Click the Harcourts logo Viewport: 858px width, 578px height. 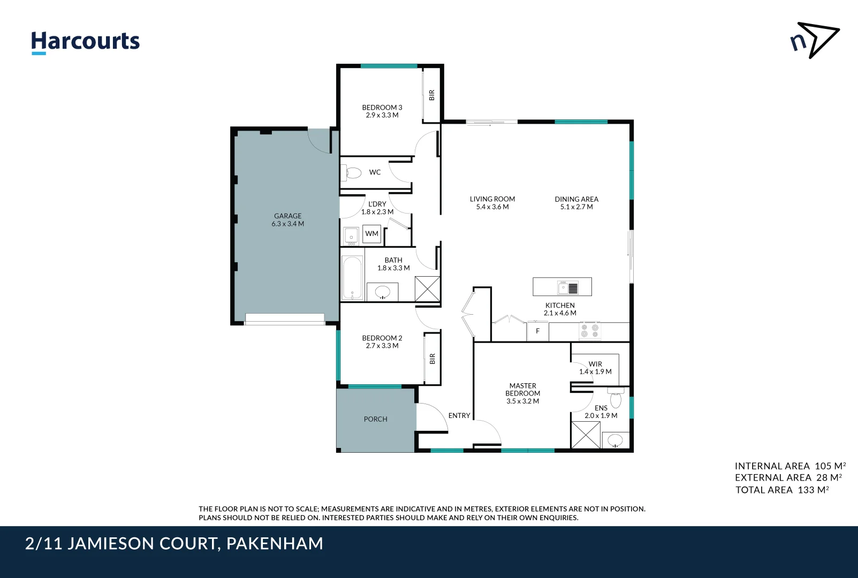85,42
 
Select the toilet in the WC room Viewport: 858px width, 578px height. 353,173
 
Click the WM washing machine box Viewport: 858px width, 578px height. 372,234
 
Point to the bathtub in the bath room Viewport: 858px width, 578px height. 352,278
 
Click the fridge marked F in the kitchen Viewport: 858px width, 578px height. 538,331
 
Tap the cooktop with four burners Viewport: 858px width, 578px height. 590,331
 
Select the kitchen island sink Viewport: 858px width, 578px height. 568,288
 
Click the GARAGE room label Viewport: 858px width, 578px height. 288,216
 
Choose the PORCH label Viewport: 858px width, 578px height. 375,419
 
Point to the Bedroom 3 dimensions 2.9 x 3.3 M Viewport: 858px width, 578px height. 382,115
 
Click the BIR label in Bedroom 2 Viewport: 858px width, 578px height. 432,359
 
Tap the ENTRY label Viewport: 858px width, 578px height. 459,415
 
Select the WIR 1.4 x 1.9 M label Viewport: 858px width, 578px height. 595,368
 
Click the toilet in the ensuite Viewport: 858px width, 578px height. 616,399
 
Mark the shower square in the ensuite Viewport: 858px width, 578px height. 586,435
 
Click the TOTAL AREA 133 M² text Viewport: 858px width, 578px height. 782,490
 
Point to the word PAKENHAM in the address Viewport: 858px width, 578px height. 275,544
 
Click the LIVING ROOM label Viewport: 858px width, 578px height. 492,199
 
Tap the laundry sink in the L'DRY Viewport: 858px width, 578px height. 351,235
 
